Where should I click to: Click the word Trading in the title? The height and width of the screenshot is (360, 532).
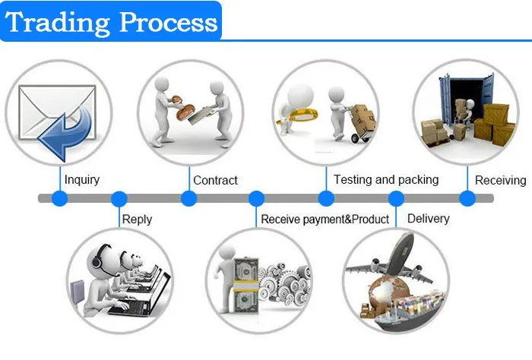pos(58,23)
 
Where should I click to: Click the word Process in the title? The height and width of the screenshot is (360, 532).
pos(168,22)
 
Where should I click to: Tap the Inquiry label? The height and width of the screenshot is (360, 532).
pos(82,180)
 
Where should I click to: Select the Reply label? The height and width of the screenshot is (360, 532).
pos(137,219)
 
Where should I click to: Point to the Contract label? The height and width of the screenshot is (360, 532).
pos(215,180)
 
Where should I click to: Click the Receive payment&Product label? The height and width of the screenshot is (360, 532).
pos(325,219)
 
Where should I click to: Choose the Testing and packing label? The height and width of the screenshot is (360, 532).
pos(386,180)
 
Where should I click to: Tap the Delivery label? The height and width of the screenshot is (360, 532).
pos(428,219)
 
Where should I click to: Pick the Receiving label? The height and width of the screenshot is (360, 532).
pos(500,180)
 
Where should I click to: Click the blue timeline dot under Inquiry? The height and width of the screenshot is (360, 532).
pos(60,198)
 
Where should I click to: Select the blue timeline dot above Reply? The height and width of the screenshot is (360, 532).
pos(119,199)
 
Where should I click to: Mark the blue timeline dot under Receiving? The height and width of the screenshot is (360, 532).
pos(467,198)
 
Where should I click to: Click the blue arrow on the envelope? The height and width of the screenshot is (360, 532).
pos(65,133)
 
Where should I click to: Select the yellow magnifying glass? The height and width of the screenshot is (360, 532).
pos(299,115)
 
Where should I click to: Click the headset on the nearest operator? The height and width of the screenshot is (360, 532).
pos(97,257)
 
